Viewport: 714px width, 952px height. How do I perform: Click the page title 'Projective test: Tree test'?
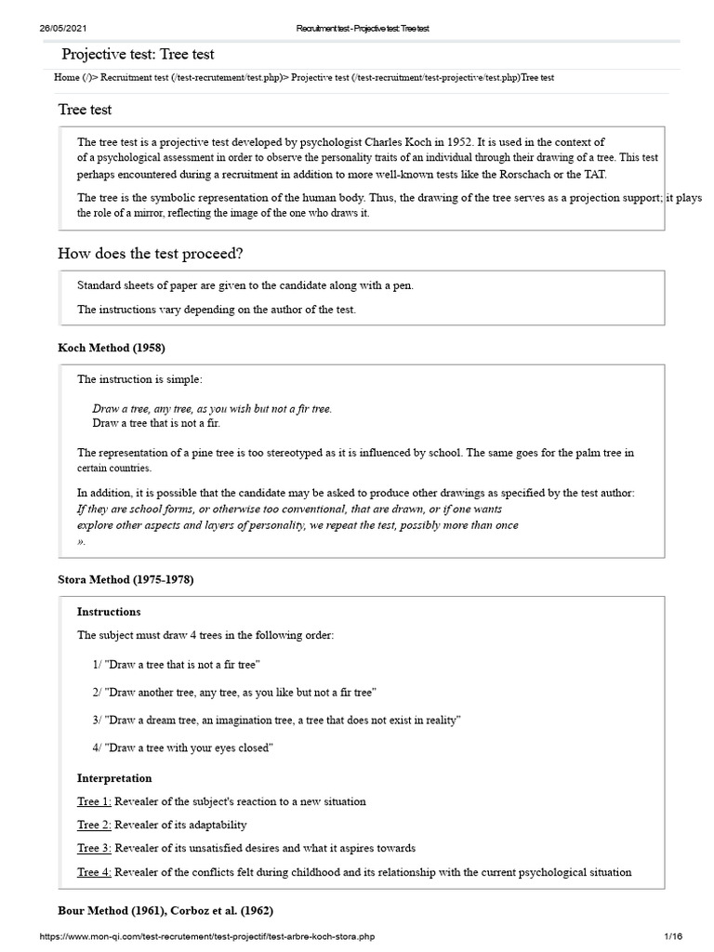139,54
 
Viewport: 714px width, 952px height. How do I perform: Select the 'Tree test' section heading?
85,109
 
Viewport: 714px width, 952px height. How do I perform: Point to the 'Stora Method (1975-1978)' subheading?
126,579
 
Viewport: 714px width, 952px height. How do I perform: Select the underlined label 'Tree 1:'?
94,800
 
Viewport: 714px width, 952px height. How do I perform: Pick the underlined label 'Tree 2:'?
94,824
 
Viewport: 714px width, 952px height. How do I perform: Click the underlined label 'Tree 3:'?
94,848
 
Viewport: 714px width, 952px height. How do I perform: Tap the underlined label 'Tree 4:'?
94,871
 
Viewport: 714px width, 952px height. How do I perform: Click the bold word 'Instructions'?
109,611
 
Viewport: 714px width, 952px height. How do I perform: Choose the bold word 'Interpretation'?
113,776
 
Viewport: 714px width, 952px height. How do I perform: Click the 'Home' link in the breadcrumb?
67,77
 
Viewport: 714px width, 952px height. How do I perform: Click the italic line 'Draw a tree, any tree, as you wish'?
212,408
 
